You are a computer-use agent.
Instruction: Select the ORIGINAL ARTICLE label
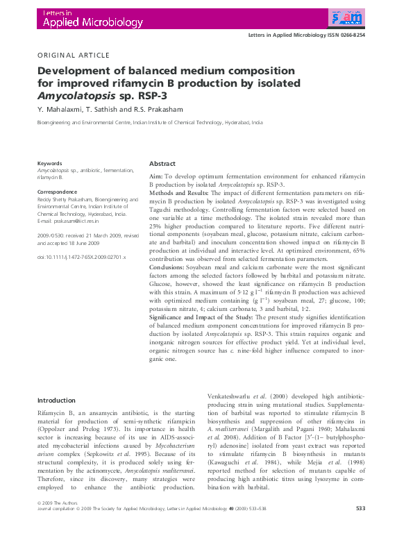(x=73, y=55)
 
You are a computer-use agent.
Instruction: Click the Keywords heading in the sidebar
(x=50, y=163)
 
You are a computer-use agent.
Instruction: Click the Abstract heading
(x=163, y=164)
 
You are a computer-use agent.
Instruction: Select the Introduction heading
(x=56, y=401)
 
